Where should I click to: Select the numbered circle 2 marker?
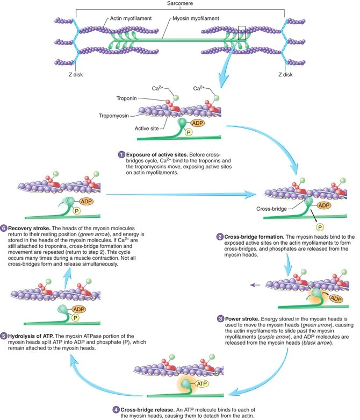point(220,237)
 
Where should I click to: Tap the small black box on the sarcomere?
point(242,33)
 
